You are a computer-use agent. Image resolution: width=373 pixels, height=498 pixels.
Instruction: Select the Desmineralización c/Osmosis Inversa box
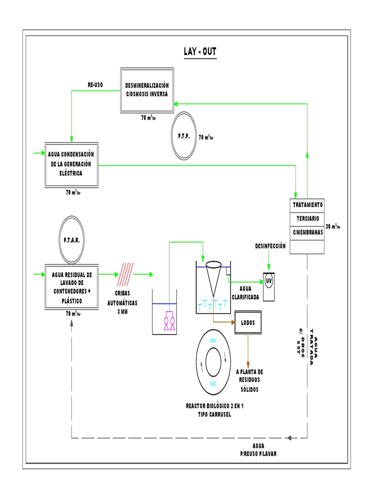click(146, 90)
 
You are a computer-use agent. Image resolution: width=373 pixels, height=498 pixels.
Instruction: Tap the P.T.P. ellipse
click(184, 136)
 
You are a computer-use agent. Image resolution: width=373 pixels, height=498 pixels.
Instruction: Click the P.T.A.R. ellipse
click(71, 240)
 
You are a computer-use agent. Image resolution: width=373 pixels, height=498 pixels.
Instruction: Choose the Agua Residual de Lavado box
click(71, 288)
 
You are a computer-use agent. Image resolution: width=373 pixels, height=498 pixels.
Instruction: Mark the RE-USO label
click(96, 85)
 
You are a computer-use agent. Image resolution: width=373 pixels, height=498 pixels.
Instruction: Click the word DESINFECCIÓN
click(270, 247)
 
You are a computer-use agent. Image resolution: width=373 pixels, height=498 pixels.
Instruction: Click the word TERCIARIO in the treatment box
click(307, 218)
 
